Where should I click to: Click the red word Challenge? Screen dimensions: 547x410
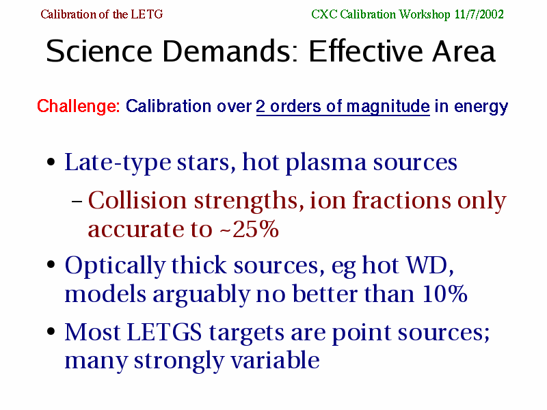click(79, 107)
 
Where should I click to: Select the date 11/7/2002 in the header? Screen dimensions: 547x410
click(479, 14)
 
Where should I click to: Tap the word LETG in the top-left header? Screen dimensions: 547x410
click(147, 14)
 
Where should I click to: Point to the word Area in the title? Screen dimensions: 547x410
click(464, 51)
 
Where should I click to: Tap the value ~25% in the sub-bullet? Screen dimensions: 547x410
click(249, 229)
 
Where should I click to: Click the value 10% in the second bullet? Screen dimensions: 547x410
click(445, 294)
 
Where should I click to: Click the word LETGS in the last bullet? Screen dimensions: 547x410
click(164, 332)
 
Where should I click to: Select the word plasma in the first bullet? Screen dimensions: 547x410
click(326, 163)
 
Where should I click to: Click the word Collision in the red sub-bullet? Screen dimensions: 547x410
click(137, 200)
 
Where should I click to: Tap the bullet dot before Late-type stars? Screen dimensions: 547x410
click(51, 162)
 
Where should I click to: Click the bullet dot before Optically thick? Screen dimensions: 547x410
click(51, 264)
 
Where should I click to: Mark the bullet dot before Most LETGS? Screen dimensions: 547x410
click(51, 331)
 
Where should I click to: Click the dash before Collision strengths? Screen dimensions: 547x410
click(77, 201)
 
